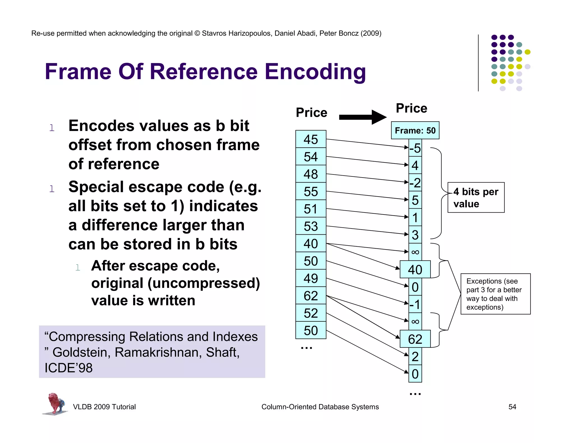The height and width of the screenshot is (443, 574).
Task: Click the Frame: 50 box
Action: point(415,130)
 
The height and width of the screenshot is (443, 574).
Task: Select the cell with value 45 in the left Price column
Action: point(311,139)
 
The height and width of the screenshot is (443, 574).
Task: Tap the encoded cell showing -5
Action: point(415,148)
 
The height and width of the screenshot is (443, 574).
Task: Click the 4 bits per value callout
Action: point(476,197)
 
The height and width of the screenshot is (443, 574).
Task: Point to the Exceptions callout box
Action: point(495,294)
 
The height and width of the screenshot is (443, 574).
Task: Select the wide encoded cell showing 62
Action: point(415,339)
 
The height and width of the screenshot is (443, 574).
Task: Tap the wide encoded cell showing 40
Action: point(415,269)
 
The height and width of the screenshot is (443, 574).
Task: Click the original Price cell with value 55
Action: point(311,192)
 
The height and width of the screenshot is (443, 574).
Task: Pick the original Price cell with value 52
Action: point(311,313)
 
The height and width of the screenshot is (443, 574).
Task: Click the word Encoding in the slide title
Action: point(315,72)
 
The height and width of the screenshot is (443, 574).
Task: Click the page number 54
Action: point(512,407)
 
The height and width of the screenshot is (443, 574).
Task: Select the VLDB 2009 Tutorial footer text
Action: point(104,407)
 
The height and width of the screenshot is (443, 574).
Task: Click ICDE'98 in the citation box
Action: point(68,368)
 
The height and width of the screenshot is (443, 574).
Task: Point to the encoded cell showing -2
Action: point(415,183)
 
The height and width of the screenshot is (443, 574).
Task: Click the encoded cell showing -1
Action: point(415,304)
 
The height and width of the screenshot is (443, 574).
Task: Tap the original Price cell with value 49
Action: point(311,278)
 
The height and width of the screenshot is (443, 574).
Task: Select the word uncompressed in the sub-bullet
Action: point(203,283)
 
